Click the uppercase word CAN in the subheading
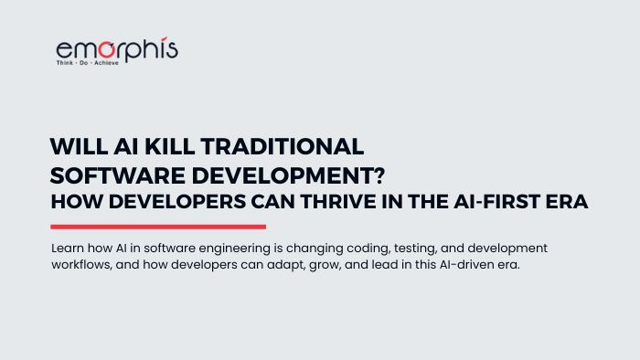[270, 204]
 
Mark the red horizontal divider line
[158, 227]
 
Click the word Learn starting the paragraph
[67, 249]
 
